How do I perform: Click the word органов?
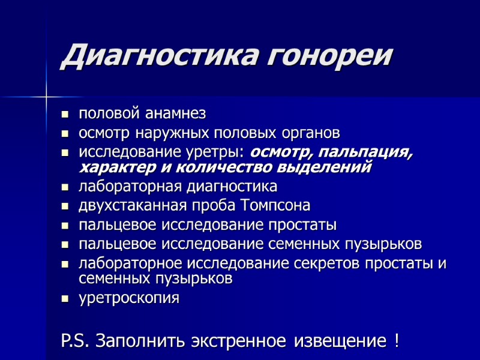coord(306,132)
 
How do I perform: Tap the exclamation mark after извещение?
coord(397,341)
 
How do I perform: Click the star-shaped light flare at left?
coord(46,95)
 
